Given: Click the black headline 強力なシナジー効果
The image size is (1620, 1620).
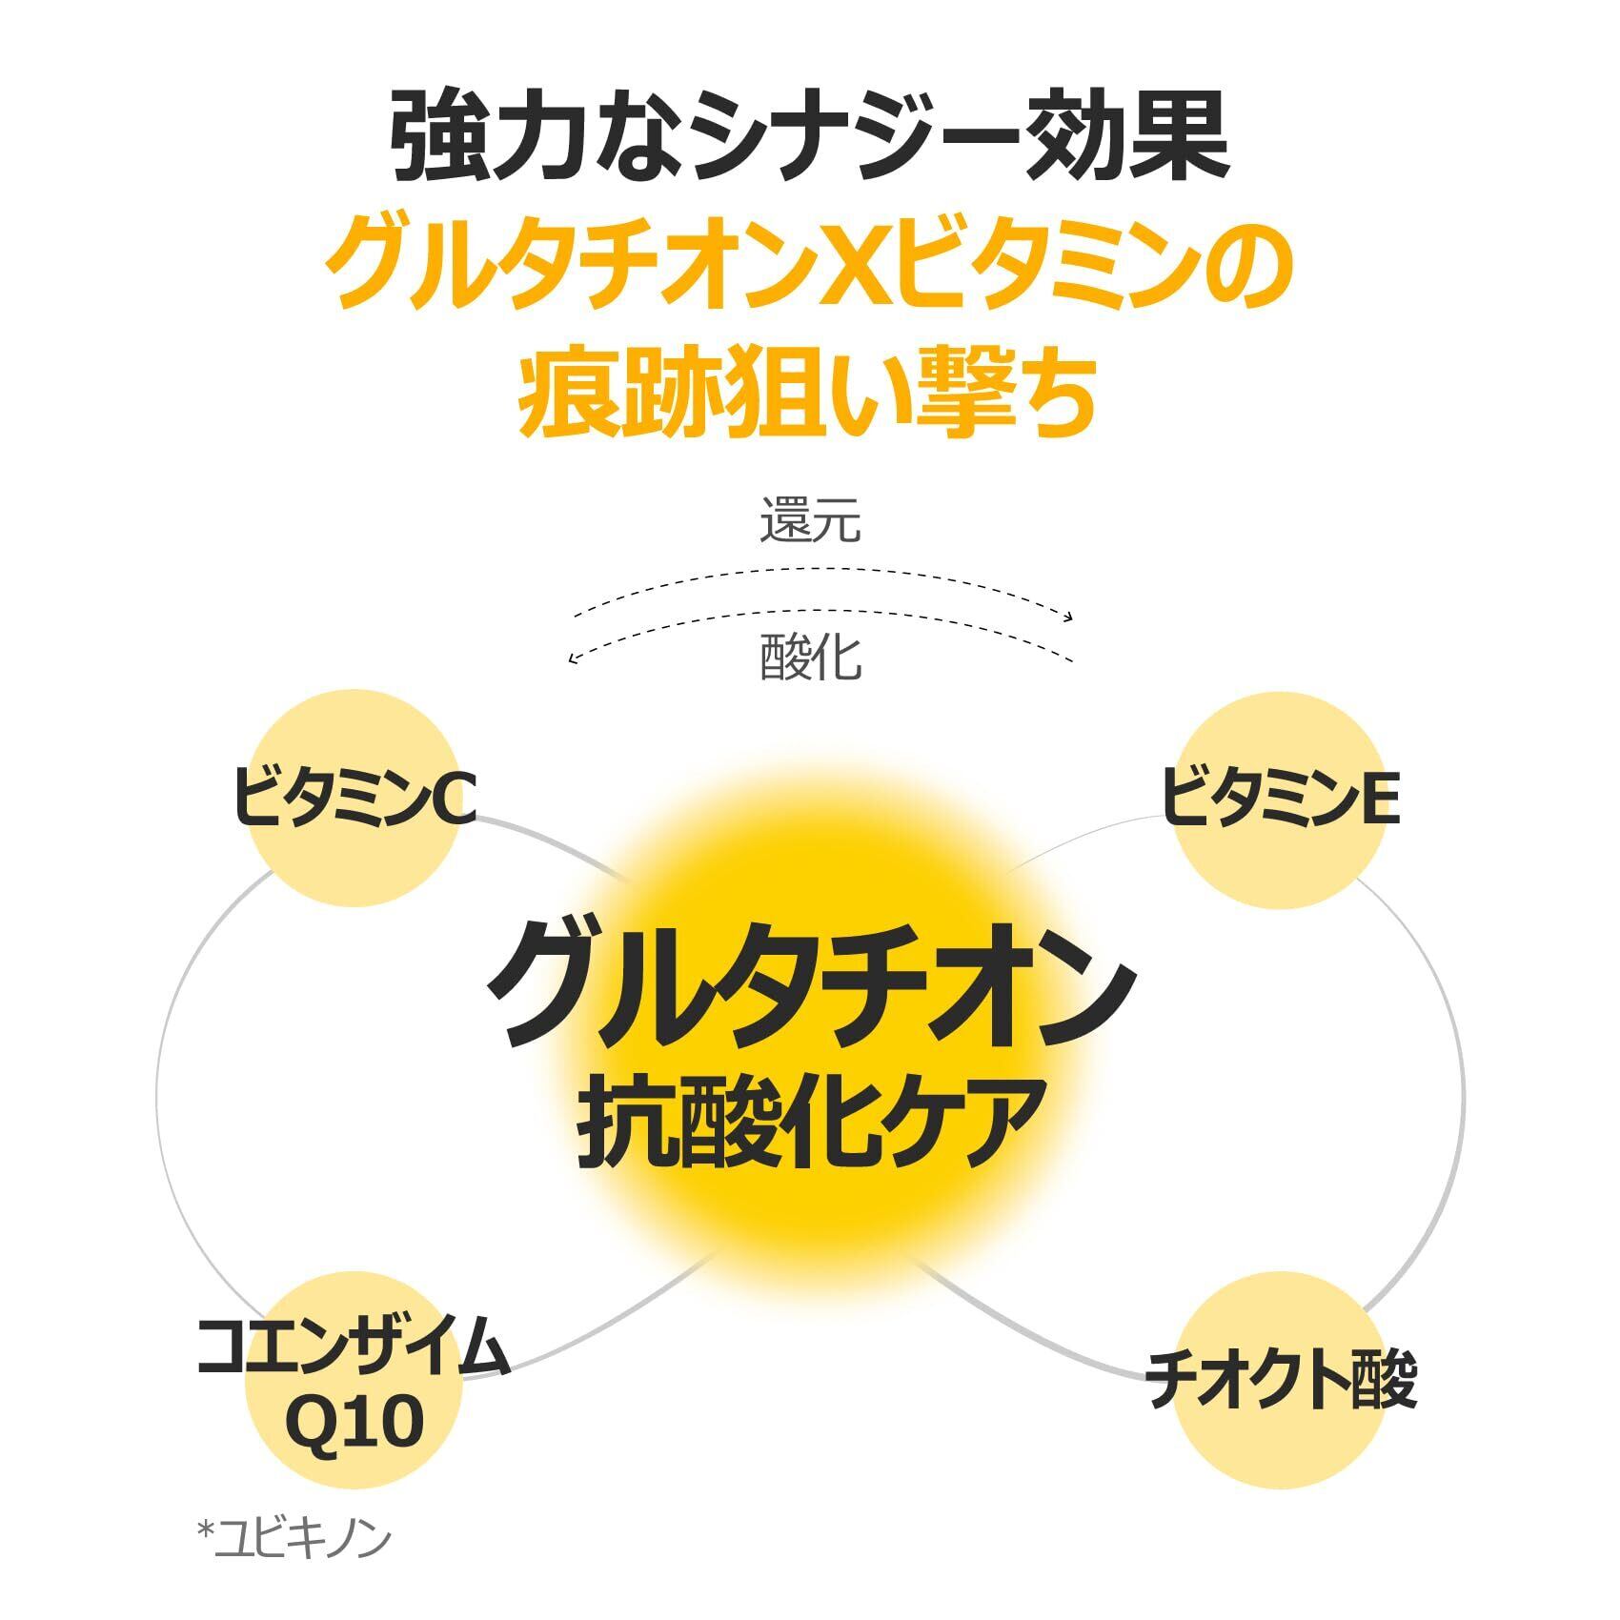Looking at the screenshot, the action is (809, 138).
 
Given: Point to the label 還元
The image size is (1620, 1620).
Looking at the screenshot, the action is (810, 522).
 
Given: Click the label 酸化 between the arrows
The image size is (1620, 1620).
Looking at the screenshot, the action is (810, 658).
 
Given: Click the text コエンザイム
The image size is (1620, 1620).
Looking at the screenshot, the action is (354, 1347).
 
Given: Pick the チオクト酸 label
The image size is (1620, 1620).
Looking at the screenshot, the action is (1281, 1381).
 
